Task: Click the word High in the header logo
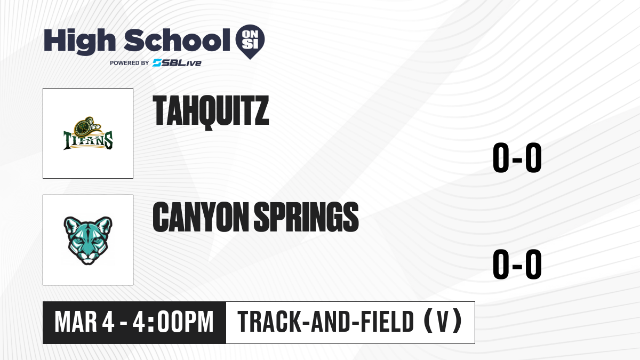79,41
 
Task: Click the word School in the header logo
177,40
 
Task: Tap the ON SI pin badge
250,41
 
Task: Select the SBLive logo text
177,63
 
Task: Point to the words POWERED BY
129,63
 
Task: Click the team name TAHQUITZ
211,112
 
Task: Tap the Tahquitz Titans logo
88,133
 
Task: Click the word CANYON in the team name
201,217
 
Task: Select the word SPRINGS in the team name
306,217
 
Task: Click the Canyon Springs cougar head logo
88,241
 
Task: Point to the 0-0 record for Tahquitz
517,157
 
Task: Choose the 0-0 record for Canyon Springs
517,264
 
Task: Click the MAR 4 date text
85,322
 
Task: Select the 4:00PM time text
173,322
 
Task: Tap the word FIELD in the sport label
387,322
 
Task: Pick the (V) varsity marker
443,321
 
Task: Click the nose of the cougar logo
87,255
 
